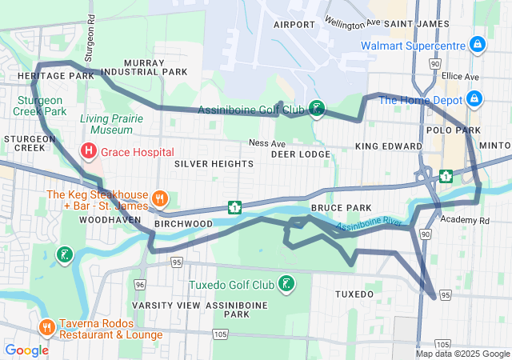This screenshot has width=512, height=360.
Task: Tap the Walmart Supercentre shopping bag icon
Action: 477,43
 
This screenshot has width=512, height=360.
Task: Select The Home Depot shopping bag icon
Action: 474,98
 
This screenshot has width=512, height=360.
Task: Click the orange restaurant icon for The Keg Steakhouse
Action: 160,199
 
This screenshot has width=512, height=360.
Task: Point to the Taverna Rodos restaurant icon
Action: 47,328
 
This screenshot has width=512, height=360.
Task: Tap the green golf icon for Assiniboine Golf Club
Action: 318,109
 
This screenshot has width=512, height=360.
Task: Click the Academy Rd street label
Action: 463,220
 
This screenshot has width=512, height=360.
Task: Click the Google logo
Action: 26,350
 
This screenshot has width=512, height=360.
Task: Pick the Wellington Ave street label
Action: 350,18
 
